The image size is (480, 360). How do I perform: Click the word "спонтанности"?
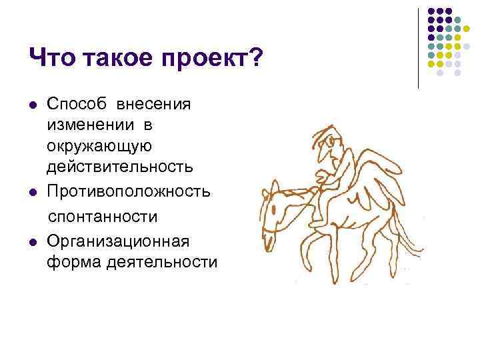101,217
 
